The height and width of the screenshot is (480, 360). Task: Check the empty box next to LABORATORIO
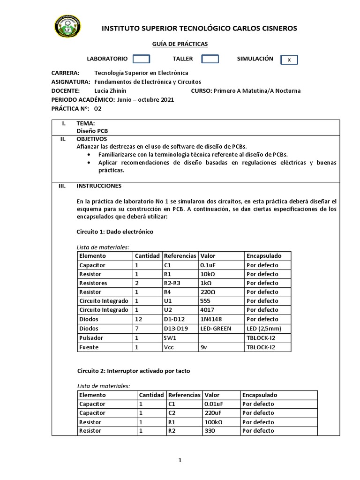pyautogui.click(x=141, y=59)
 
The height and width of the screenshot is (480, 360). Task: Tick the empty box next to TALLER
pyautogui.click(x=210, y=59)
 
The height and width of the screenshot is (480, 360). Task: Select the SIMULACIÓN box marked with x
pyautogui.click(x=289, y=60)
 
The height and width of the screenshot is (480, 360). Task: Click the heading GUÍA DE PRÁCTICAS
pyautogui.click(x=180, y=44)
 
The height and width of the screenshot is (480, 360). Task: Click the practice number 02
pyautogui.click(x=97, y=108)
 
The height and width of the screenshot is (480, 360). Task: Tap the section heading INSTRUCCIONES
pyautogui.click(x=99, y=186)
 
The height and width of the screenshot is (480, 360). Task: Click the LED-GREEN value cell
pyautogui.click(x=216, y=328)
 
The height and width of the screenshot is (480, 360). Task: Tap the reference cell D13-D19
pyautogui.click(x=175, y=328)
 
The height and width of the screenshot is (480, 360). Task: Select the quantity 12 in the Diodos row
pyautogui.click(x=138, y=319)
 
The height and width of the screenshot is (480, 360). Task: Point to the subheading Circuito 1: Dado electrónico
pyautogui.click(x=114, y=232)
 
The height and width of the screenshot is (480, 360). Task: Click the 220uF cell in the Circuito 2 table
pyautogui.click(x=214, y=413)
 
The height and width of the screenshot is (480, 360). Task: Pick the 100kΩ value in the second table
pyautogui.click(x=214, y=422)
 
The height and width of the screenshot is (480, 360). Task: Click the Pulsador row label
pyautogui.click(x=92, y=337)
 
